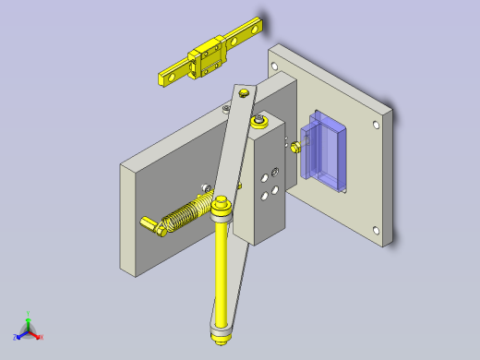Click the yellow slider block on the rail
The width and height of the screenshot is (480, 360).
(x=209, y=63)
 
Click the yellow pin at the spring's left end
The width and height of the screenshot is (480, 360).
(x=150, y=224)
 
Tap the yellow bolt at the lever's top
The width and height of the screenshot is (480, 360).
(x=244, y=93)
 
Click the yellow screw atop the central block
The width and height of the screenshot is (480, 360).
(x=260, y=122)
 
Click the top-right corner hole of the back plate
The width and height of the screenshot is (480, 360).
(x=377, y=123)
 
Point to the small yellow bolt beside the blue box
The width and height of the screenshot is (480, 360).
(x=294, y=146)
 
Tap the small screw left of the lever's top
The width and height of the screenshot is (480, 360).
(x=227, y=107)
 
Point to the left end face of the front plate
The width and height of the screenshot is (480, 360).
(x=129, y=218)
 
